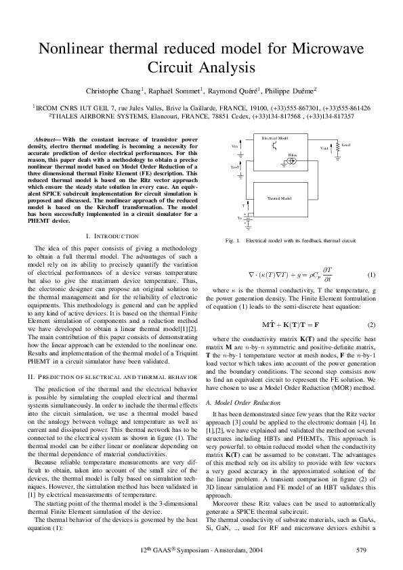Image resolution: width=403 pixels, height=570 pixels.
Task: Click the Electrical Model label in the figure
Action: coord(275,137)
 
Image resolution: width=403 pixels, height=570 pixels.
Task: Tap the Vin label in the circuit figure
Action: coord(235,146)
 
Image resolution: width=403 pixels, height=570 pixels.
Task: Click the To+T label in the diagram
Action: coord(235,166)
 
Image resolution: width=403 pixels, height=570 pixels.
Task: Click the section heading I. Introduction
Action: coord(112,236)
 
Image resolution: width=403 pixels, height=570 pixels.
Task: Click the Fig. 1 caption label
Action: coord(232,241)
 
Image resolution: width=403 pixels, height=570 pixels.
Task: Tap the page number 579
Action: coord(361,550)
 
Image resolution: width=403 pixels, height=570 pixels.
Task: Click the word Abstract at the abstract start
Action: coord(47,139)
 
